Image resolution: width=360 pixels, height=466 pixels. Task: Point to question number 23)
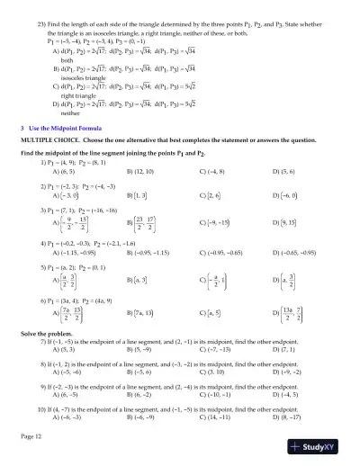(42, 20)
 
